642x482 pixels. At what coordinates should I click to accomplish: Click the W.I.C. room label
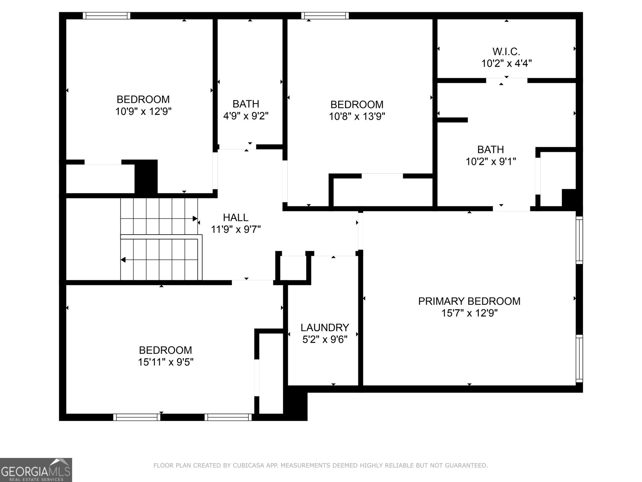pos(506,52)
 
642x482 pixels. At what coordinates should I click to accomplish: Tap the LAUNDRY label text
pos(325,327)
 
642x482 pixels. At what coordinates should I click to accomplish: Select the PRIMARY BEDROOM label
pos(469,301)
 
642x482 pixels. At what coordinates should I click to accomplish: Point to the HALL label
pos(236,217)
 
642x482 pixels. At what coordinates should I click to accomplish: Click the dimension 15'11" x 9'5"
pos(166,362)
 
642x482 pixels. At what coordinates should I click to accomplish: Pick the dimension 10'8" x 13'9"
pos(357,116)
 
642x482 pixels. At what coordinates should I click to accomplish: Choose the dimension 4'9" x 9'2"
pos(246,116)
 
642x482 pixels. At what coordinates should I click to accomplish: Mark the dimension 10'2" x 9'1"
pos(490,161)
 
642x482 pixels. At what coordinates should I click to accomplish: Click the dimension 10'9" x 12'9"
pos(143,112)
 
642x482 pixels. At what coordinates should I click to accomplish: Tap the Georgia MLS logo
pos(36,470)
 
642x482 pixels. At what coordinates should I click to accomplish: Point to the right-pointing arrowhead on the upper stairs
pos(195,219)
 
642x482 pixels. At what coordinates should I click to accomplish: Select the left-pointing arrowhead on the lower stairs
pos(123,259)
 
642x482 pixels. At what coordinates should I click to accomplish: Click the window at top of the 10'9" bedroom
pos(106,16)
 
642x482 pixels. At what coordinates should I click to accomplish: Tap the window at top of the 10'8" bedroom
pos(325,16)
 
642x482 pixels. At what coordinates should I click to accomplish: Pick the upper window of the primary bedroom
pos(579,240)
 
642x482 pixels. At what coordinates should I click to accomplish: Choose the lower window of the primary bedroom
pos(579,359)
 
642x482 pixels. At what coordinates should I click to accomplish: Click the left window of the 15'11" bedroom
pos(137,417)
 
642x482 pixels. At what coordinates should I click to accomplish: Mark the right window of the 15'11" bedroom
pos(228,417)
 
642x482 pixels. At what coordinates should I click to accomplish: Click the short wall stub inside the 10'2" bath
pos(453,120)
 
